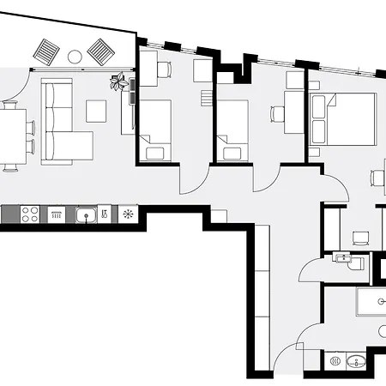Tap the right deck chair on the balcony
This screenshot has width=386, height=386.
coord(100,53)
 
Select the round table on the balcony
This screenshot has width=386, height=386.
coord(74,57)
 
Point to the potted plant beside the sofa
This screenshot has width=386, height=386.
coord(118,82)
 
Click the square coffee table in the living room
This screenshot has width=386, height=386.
coord(95,111)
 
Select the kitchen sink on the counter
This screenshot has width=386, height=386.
coord(85,214)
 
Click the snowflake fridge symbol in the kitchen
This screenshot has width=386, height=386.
coord(127,214)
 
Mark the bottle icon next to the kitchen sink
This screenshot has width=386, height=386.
coord(104,214)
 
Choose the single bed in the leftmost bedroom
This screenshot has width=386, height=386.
coord(155,130)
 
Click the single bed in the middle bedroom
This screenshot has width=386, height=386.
coord(232,130)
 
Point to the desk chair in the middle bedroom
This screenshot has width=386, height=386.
coord(276,112)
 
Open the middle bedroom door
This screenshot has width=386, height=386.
coord(264,176)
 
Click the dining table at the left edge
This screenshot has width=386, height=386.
coord(10,135)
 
